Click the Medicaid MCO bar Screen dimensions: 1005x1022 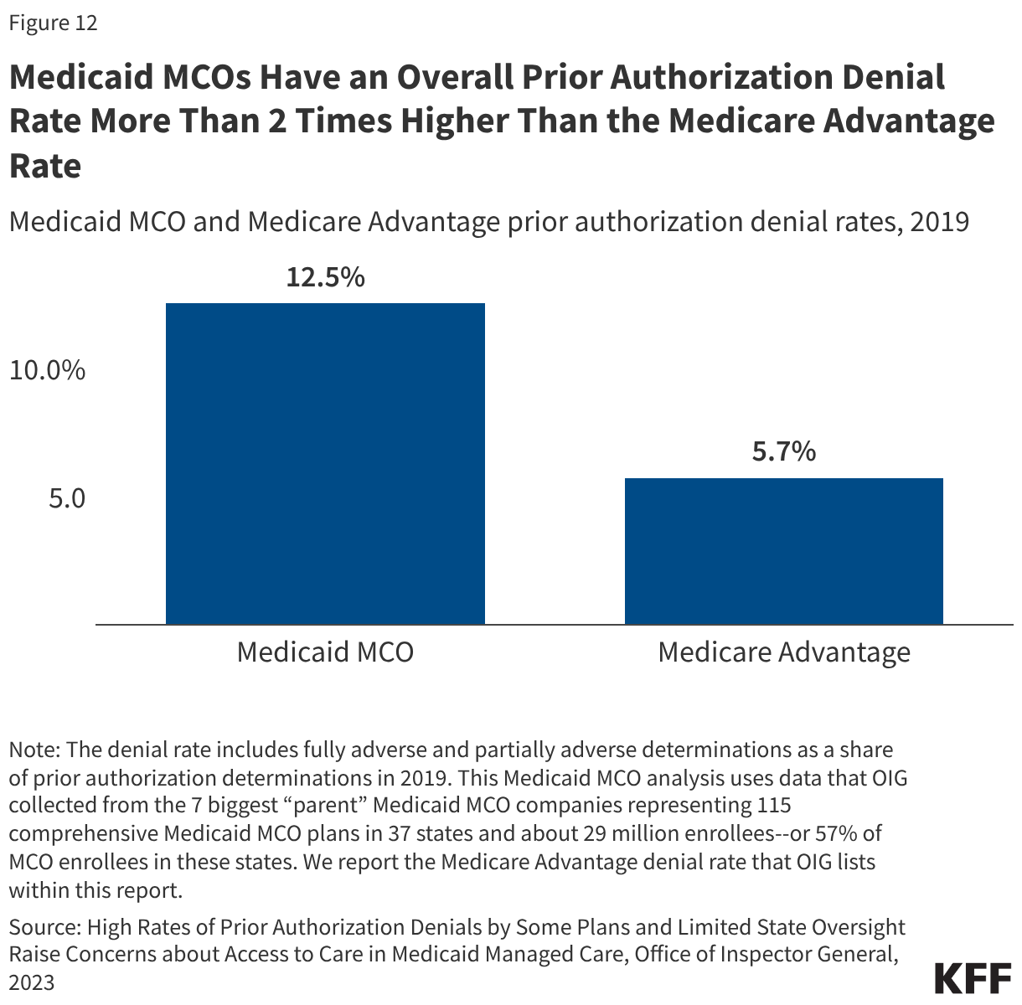pyautogui.click(x=325, y=463)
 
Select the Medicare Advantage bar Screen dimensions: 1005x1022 pyautogui.click(x=784, y=551)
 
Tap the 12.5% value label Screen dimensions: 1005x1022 pyautogui.click(x=325, y=277)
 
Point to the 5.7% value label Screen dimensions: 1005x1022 pyautogui.click(x=784, y=452)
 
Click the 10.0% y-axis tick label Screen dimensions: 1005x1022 pyautogui.click(x=47, y=370)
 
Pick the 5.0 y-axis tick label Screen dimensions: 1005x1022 pyautogui.click(x=66, y=498)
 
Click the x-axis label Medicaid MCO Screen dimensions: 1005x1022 pyautogui.click(x=325, y=652)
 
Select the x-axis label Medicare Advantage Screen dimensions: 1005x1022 pyautogui.click(x=784, y=652)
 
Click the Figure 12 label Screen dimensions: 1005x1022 pyautogui.click(x=53, y=23)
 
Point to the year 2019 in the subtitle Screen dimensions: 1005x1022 pyautogui.click(x=939, y=222)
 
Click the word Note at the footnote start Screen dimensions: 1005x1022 pyautogui.click(x=33, y=749)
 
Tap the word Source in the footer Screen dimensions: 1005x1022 pyautogui.click(x=43, y=927)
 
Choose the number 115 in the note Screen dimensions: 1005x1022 pyautogui.click(x=773, y=806)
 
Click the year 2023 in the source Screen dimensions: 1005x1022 pyautogui.click(x=32, y=982)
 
